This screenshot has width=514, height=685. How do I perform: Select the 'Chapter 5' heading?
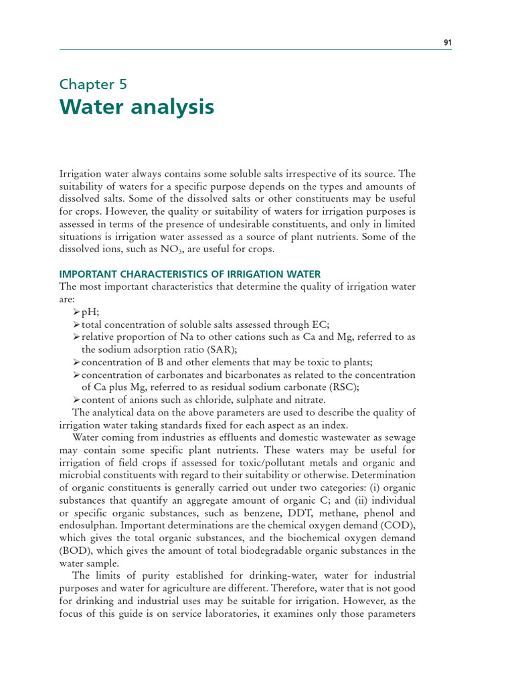coord(93,84)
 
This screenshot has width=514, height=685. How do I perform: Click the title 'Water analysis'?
coord(137,107)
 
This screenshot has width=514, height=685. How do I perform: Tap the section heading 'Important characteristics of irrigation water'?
coord(190,274)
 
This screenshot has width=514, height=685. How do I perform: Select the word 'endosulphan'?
coord(88,526)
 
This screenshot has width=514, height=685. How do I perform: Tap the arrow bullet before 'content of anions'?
coord(76,399)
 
